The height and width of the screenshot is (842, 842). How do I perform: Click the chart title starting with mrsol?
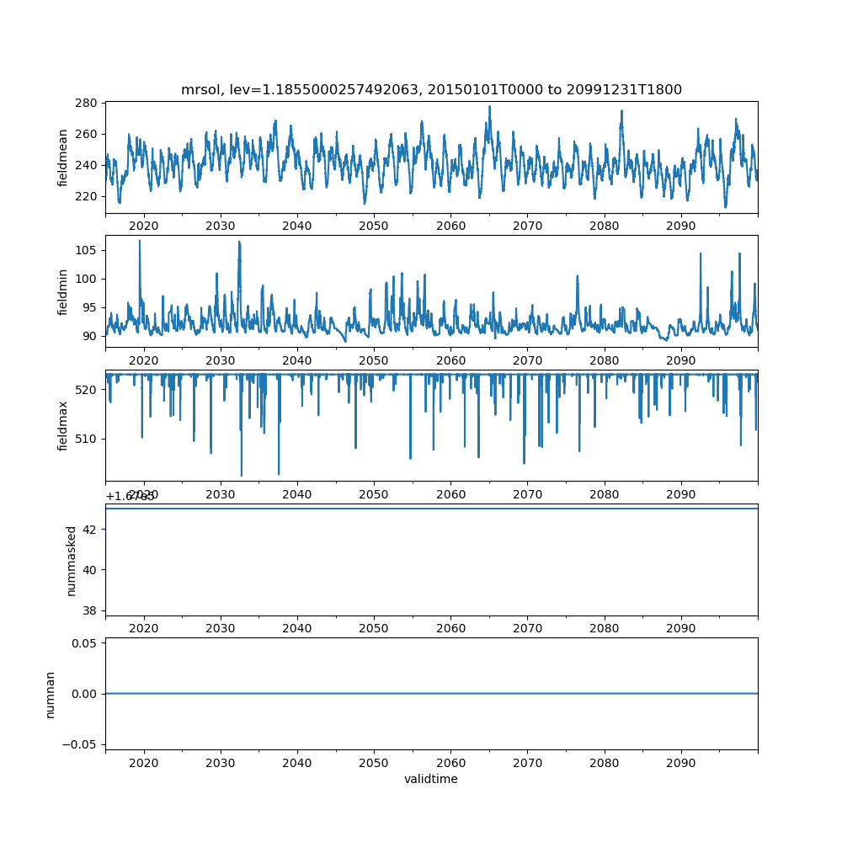[431, 89]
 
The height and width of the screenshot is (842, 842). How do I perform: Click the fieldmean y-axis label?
[63, 158]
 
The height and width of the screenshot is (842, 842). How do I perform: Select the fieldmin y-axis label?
[63, 291]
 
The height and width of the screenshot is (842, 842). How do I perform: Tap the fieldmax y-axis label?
[63, 424]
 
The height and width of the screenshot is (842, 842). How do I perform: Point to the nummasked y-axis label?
[72, 561]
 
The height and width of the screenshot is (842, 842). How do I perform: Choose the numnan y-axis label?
[51, 694]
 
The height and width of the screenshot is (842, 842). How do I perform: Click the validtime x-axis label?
[431, 780]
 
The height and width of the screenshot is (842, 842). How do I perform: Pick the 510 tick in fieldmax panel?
[89, 439]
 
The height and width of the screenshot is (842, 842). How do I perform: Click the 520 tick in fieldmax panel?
[89, 390]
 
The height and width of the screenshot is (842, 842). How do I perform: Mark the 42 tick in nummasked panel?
[93, 530]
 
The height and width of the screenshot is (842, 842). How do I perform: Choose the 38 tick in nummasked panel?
[93, 610]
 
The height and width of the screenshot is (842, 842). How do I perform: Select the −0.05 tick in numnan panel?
[83, 744]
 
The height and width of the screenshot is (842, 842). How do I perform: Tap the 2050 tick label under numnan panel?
[374, 763]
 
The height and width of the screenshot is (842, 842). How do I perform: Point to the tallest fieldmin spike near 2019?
[140, 241]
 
